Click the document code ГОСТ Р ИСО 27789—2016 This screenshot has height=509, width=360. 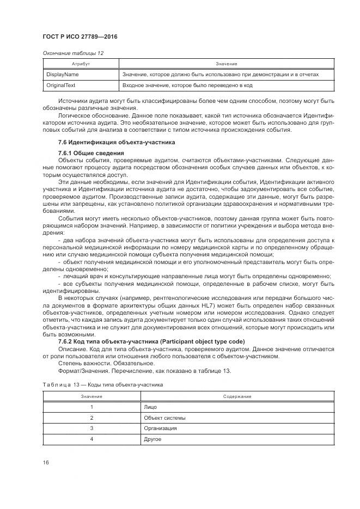point(80,37)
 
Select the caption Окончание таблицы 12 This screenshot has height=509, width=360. point(73,53)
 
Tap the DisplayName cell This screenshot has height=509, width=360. point(63,75)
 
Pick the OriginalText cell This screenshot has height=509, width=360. point(61,85)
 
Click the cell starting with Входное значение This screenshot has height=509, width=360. point(187,85)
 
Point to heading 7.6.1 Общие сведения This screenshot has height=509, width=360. point(87,154)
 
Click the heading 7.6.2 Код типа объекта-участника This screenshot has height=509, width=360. point(151,341)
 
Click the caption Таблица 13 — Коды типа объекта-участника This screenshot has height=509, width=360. point(103,384)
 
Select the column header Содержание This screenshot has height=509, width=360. point(236,396)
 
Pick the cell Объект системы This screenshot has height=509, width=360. point(164,418)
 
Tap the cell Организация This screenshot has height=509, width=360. point(160,428)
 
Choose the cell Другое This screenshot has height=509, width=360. point(153,439)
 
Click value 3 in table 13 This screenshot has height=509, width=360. point(92,428)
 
